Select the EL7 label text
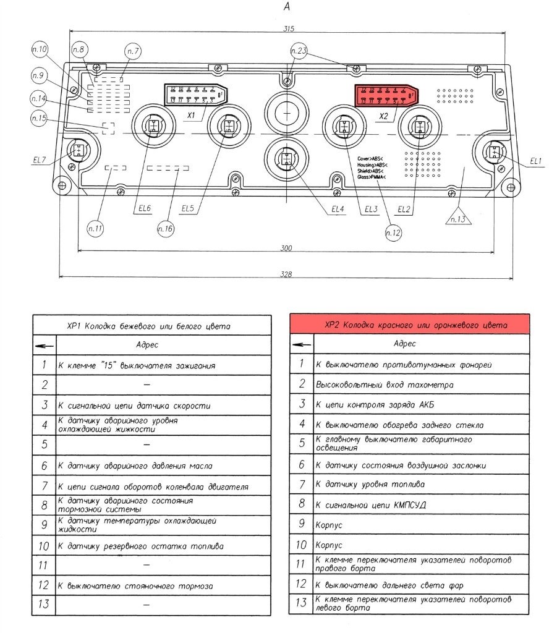point(40,160)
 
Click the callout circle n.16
point(166,229)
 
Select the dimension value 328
point(286,274)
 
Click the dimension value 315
point(288,29)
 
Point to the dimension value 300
point(286,248)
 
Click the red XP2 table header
point(409,325)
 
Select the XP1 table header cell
point(151,325)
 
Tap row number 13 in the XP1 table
point(44,604)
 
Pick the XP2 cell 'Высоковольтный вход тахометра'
point(385,384)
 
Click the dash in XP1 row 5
point(147,444)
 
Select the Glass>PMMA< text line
point(371,177)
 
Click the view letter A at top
point(285,7)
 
